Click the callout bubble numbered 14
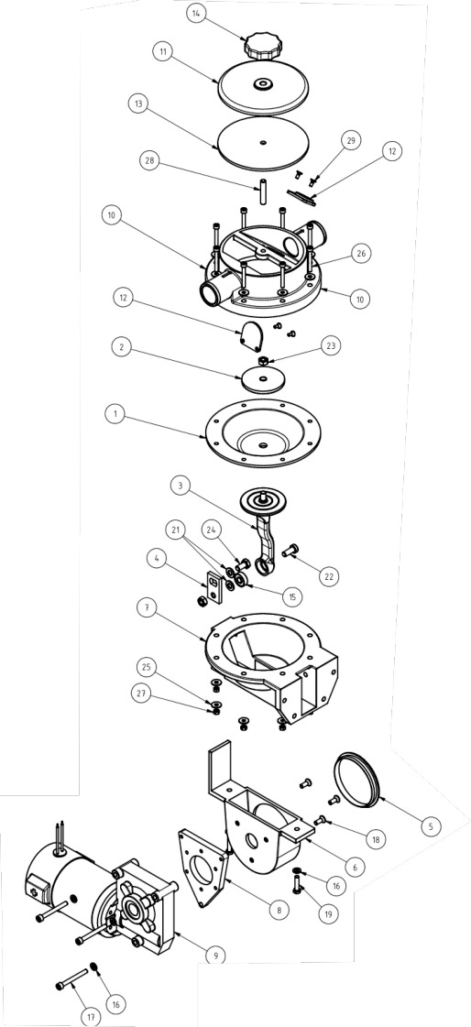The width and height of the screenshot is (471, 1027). pos(196,13)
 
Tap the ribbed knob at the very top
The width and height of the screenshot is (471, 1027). pos(262,46)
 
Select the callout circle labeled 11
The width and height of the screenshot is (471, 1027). pos(162,50)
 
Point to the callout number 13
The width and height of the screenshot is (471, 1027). pos(138,104)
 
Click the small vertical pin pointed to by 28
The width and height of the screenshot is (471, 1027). pos(260,191)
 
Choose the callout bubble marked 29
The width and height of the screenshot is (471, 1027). pos(351,141)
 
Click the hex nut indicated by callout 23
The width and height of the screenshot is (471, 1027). pos(261,362)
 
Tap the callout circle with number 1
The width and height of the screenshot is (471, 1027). pos(115,414)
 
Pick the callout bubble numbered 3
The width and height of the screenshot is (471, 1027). pos(181,486)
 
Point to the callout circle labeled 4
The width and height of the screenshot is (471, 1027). pos(154,560)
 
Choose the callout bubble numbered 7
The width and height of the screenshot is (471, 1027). pos(146,608)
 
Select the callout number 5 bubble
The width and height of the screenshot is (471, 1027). pos(431,826)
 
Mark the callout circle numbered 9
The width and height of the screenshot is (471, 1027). pos(214,956)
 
